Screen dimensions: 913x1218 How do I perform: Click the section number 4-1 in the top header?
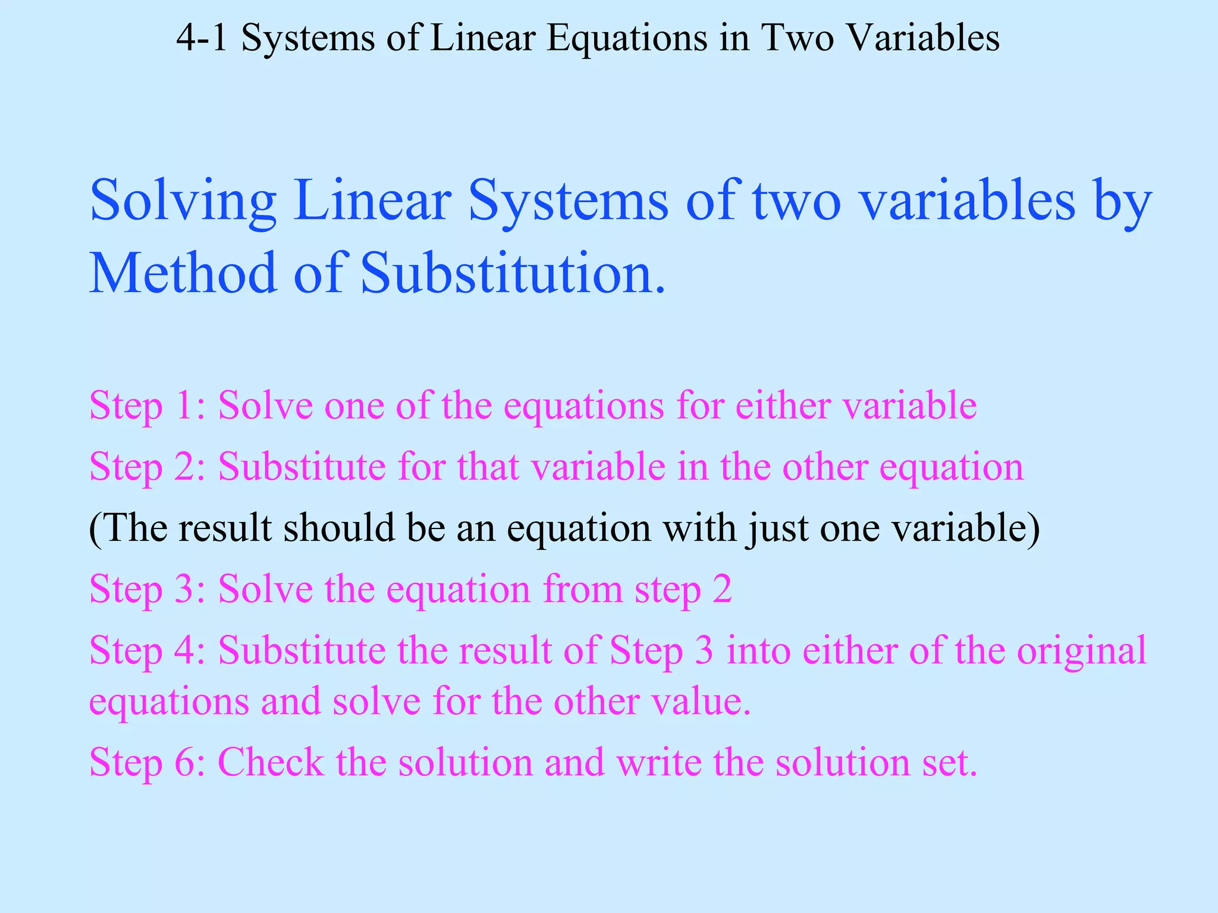click(x=202, y=38)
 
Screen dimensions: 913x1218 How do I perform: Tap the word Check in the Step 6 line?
click(x=271, y=762)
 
